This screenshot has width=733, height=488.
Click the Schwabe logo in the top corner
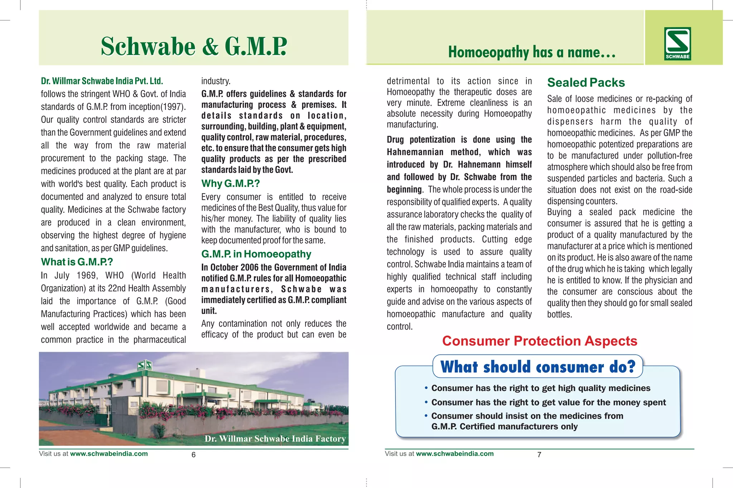click(x=678, y=43)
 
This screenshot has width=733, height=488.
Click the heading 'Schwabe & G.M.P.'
click(x=194, y=46)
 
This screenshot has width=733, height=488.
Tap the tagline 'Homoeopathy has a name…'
click(x=532, y=52)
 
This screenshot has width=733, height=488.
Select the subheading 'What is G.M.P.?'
click(x=77, y=262)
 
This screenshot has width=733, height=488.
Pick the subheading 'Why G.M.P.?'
click(x=230, y=184)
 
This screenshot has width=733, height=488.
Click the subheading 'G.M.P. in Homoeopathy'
click(x=256, y=254)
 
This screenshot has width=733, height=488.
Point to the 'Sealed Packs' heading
click(x=586, y=83)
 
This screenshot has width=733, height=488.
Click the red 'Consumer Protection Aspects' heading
click(x=539, y=341)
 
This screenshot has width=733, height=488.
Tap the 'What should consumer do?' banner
click(x=538, y=367)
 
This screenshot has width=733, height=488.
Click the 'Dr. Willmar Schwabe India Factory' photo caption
click(x=275, y=439)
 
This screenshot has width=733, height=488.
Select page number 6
click(x=194, y=455)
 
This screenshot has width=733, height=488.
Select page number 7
click(x=539, y=455)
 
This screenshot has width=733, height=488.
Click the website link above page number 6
click(x=109, y=454)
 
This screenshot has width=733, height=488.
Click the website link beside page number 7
click(x=455, y=454)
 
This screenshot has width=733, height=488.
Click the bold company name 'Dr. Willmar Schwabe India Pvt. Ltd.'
click(x=102, y=81)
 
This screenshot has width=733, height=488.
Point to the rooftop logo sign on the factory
click(x=145, y=365)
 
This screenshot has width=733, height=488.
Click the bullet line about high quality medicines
click(x=540, y=388)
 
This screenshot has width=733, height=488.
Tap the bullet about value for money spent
click(x=548, y=403)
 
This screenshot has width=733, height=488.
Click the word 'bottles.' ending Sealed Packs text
click(x=559, y=315)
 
